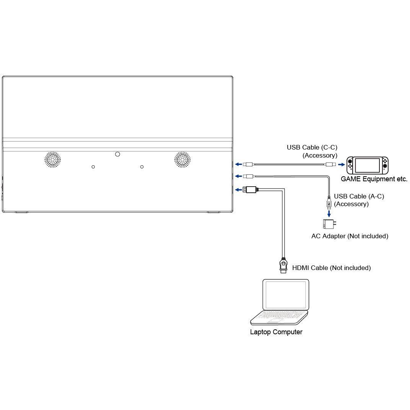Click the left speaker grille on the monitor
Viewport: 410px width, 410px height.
pyautogui.click(x=52, y=159)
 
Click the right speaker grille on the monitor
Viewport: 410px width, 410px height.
pyautogui.click(x=182, y=159)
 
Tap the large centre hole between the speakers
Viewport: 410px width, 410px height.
pyautogui.click(x=117, y=154)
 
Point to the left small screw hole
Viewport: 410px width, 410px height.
pyautogui.click(x=93, y=167)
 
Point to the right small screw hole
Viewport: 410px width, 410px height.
pyautogui.click(x=142, y=167)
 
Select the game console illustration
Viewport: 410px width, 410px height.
pyautogui.click(x=368, y=165)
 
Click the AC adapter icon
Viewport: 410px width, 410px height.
pyautogui.click(x=329, y=224)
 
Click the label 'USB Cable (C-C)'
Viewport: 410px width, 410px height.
pyautogui.click(x=312, y=148)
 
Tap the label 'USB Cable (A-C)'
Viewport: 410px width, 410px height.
pyautogui.click(x=359, y=196)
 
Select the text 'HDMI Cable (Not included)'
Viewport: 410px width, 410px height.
pyautogui.click(x=331, y=268)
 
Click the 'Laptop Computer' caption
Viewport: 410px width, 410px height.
pyautogui.click(x=276, y=332)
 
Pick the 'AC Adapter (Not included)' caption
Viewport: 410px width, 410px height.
pyautogui.click(x=350, y=236)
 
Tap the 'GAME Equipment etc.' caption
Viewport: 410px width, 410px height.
pyautogui.click(x=374, y=179)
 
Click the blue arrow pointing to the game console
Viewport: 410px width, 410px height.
pyautogui.click(x=342, y=164)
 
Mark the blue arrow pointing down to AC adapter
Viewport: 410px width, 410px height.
pyautogui.click(x=329, y=214)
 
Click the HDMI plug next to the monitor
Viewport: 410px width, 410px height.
pyautogui.click(x=250, y=189)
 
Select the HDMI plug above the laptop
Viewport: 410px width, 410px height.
pyautogui.click(x=283, y=265)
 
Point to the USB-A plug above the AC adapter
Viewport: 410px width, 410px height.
pyautogui.click(x=329, y=203)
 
